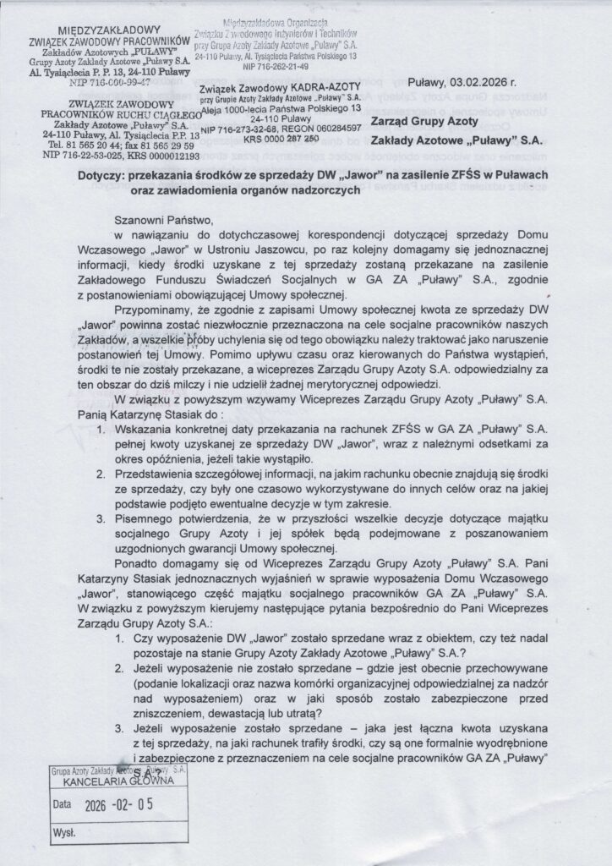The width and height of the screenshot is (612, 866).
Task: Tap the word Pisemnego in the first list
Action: click(167, 512)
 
